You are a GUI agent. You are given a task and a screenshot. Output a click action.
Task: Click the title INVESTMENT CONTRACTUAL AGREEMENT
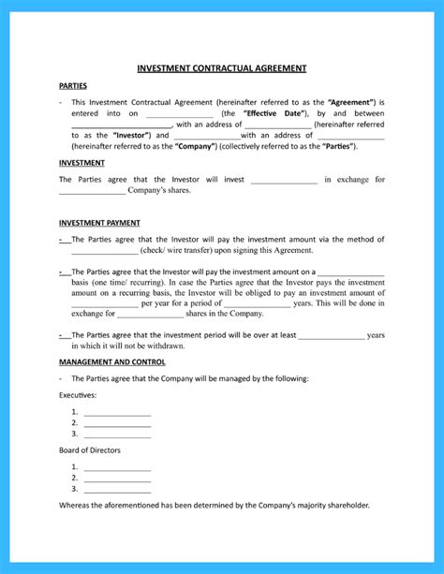[x=222, y=68]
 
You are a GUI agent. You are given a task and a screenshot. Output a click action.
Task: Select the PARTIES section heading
[x=73, y=85]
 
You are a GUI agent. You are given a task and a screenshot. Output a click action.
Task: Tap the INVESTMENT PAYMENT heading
[x=99, y=223]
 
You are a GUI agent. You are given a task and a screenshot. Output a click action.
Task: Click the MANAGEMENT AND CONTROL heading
[x=111, y=361]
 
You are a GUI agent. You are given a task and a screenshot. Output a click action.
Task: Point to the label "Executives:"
[x=78, y=395]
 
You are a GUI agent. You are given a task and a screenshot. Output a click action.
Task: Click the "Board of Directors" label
[x=90, y=450]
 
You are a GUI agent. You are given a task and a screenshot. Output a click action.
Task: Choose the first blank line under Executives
[x=117, y=413]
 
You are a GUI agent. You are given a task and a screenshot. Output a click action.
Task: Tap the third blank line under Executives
[x=117, y=434]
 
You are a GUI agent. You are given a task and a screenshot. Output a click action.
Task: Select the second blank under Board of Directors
[x=117, y=478]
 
